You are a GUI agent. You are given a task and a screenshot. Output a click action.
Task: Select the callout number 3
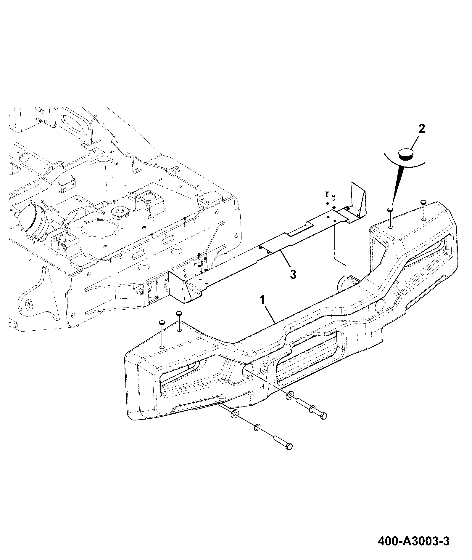click(293, 274)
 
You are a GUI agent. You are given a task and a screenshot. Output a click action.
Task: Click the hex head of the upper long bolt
click(323, 416)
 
